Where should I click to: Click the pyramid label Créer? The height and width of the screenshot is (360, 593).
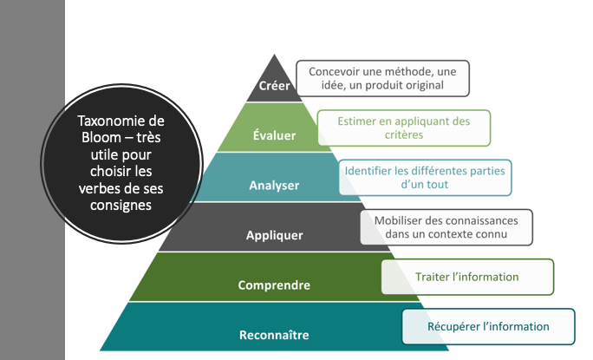(x=275, y=86)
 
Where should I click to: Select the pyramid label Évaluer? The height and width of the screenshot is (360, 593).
(x=274, y=135)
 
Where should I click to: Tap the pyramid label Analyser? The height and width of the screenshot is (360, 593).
(x=274, y=185)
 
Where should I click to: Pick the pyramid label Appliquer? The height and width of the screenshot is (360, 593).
(x=274, y=234)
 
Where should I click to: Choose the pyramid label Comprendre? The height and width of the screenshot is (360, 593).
(x=274, y=285)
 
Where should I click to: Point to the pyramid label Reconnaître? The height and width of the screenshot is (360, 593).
(x=274, y=334)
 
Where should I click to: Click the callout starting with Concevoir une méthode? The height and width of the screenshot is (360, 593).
(x=382, y=77)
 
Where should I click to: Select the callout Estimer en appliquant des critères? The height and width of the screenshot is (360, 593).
(x=403, y=128)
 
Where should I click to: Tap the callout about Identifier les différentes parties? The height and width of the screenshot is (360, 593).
(x=424, y=177)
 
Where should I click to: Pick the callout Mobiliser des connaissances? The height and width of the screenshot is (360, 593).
(x=446, y=226)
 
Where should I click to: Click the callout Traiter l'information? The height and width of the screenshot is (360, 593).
(x=466, y=277)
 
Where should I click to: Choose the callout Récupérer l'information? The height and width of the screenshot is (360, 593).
(x=488, y=326)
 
